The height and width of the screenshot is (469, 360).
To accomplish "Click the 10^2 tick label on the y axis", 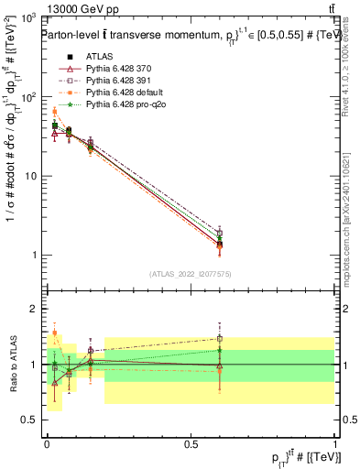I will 28,97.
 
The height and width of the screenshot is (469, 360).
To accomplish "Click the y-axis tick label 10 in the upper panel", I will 30,176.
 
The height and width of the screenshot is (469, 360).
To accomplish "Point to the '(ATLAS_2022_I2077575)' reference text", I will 191,274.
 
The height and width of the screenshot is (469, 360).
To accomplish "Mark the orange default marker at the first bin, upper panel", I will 55,112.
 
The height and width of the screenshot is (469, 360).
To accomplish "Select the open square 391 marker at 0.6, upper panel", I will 219,233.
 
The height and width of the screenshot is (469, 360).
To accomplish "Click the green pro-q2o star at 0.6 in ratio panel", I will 219,350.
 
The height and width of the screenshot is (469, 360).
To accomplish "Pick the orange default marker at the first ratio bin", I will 55,333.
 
